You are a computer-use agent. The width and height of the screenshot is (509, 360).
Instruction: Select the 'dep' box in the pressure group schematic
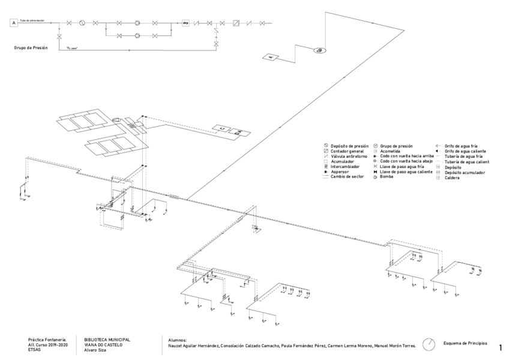[x=185, y=23]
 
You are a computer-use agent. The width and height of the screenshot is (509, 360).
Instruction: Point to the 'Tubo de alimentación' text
[x=32, y=20]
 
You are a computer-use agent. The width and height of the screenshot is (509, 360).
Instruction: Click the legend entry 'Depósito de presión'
[x=347, y=146]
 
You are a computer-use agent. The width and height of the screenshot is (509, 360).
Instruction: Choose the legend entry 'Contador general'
[x=344, y=151]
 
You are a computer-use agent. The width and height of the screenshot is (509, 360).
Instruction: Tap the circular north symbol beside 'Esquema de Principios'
[x=429, y=344]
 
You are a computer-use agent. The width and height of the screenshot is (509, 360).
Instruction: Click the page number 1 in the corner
[x=500, y=347]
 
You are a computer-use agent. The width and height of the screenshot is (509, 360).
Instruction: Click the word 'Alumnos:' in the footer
[x=179, y=340]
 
